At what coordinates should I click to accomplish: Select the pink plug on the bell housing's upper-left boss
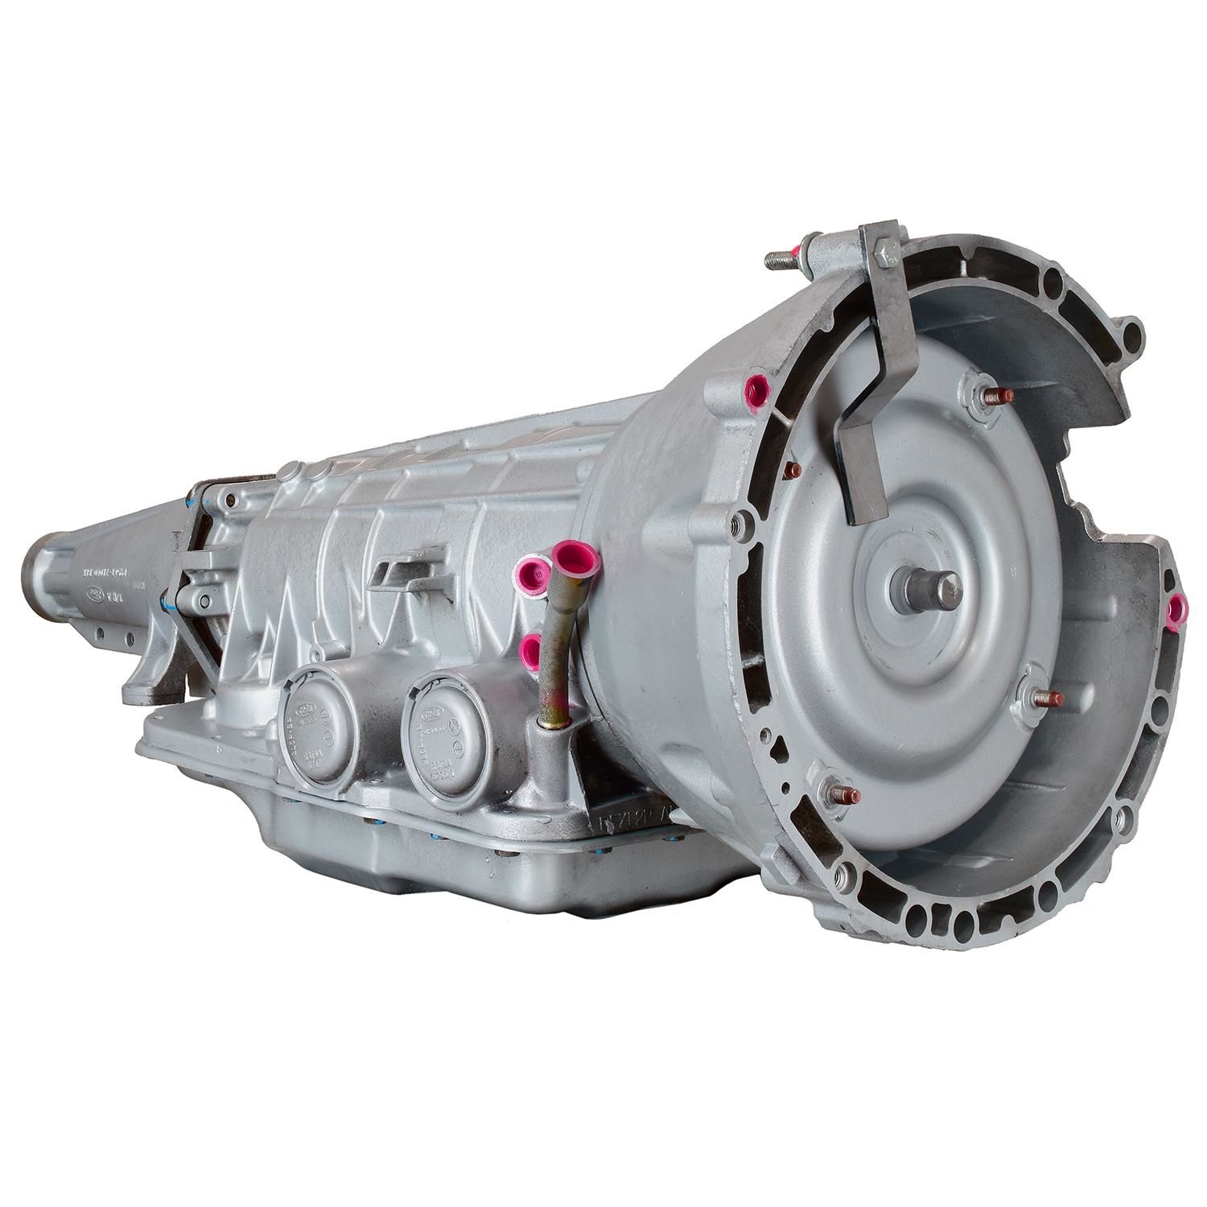click(757, 393)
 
